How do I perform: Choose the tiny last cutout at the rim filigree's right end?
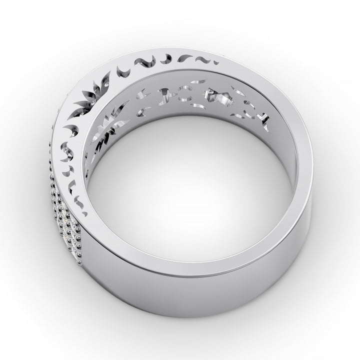[x=213, y=62]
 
